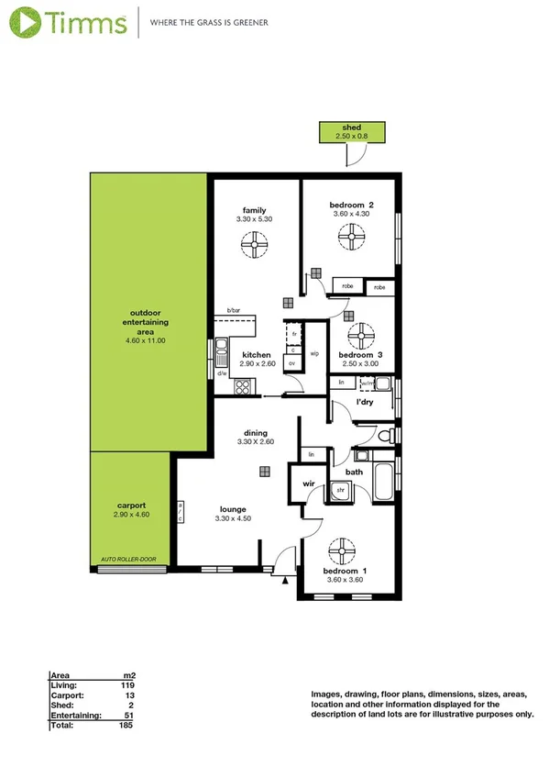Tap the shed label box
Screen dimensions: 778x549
click(x=350, y=131)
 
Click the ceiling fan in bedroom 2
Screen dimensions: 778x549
click(x=350, y=239)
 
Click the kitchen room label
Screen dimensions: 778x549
click(x=256, y=354)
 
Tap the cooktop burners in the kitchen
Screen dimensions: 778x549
click(x=245, y=387)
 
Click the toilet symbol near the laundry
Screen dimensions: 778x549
click(x=390, y=433)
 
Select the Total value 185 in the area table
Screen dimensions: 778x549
click(x=125, y=725)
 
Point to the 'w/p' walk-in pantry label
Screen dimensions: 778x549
click(x=314, y=353)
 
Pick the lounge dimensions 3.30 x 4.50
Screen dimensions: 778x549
click(x=234, y=518)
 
